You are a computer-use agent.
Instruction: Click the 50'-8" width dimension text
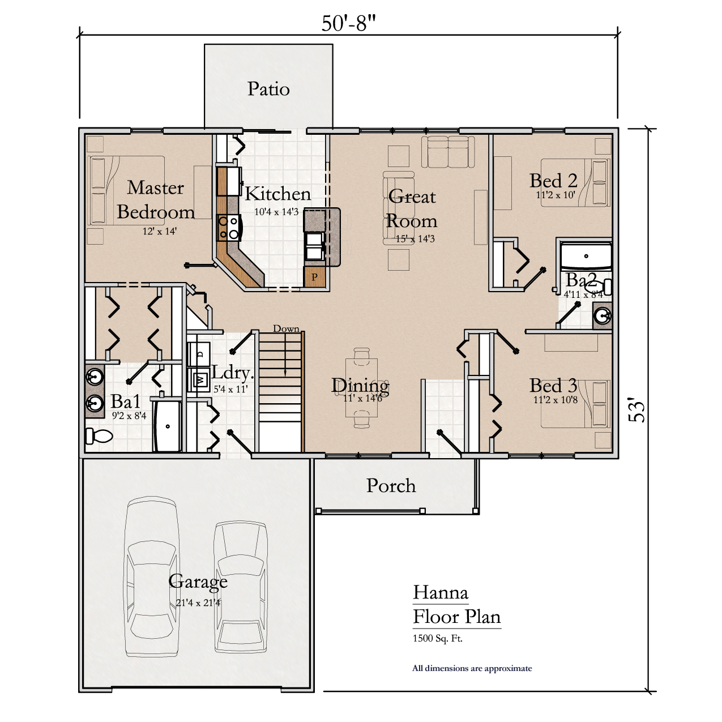click(348, 23)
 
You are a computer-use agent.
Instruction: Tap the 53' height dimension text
click(637, 412)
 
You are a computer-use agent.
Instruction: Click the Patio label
click(268, 89)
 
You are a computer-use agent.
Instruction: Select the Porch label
click(391, 485)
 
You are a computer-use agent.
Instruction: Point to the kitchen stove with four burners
click(229, 228)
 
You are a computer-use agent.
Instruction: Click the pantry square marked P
click(314, 277)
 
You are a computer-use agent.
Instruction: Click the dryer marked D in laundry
click(199, 354)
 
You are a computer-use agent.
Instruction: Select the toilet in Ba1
click(99, 435)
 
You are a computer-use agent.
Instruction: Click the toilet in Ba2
click(600, 287)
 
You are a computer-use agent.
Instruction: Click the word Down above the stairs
click(287, 328)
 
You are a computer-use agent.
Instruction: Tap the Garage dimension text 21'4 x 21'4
click(198, 603)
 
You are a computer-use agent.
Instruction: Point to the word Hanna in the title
click(441, 592)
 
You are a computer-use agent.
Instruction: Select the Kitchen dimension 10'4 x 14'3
click(276, 212)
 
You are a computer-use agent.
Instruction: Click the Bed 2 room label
click(553, 181)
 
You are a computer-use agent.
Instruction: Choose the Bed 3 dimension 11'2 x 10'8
click(556, 400)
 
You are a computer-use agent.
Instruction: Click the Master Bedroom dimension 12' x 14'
click(160, 231)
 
